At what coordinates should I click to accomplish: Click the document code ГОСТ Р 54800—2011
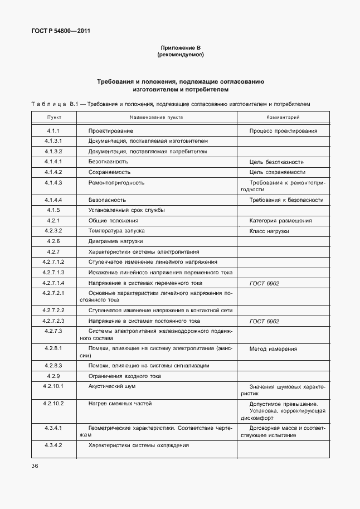tap(60, 31)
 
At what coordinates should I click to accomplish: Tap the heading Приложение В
tap(180, 49)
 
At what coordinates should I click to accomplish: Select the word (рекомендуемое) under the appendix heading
tap(180, 55)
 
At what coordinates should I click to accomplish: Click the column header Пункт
tap(53, 118)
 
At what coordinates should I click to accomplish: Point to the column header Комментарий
tap(283, 118)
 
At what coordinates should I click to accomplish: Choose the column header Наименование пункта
tap(157, 118)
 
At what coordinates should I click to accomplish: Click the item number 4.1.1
tap(53, 131)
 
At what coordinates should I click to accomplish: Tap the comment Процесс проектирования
tap(284, 131)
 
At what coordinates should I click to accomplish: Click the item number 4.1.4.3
tap(53, 182)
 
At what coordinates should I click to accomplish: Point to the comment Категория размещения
tap(280, 221)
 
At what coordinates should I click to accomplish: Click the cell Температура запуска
tap(116, 231)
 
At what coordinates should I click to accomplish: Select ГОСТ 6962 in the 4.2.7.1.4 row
tap(264, 283)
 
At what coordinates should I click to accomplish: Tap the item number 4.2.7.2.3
tap(53, 321)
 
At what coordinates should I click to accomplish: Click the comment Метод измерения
tap(273, 348)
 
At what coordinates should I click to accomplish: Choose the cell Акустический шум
tap(112, 386)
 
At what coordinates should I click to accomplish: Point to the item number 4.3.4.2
tap(53, 445)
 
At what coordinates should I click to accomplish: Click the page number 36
tap(35, 466)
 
